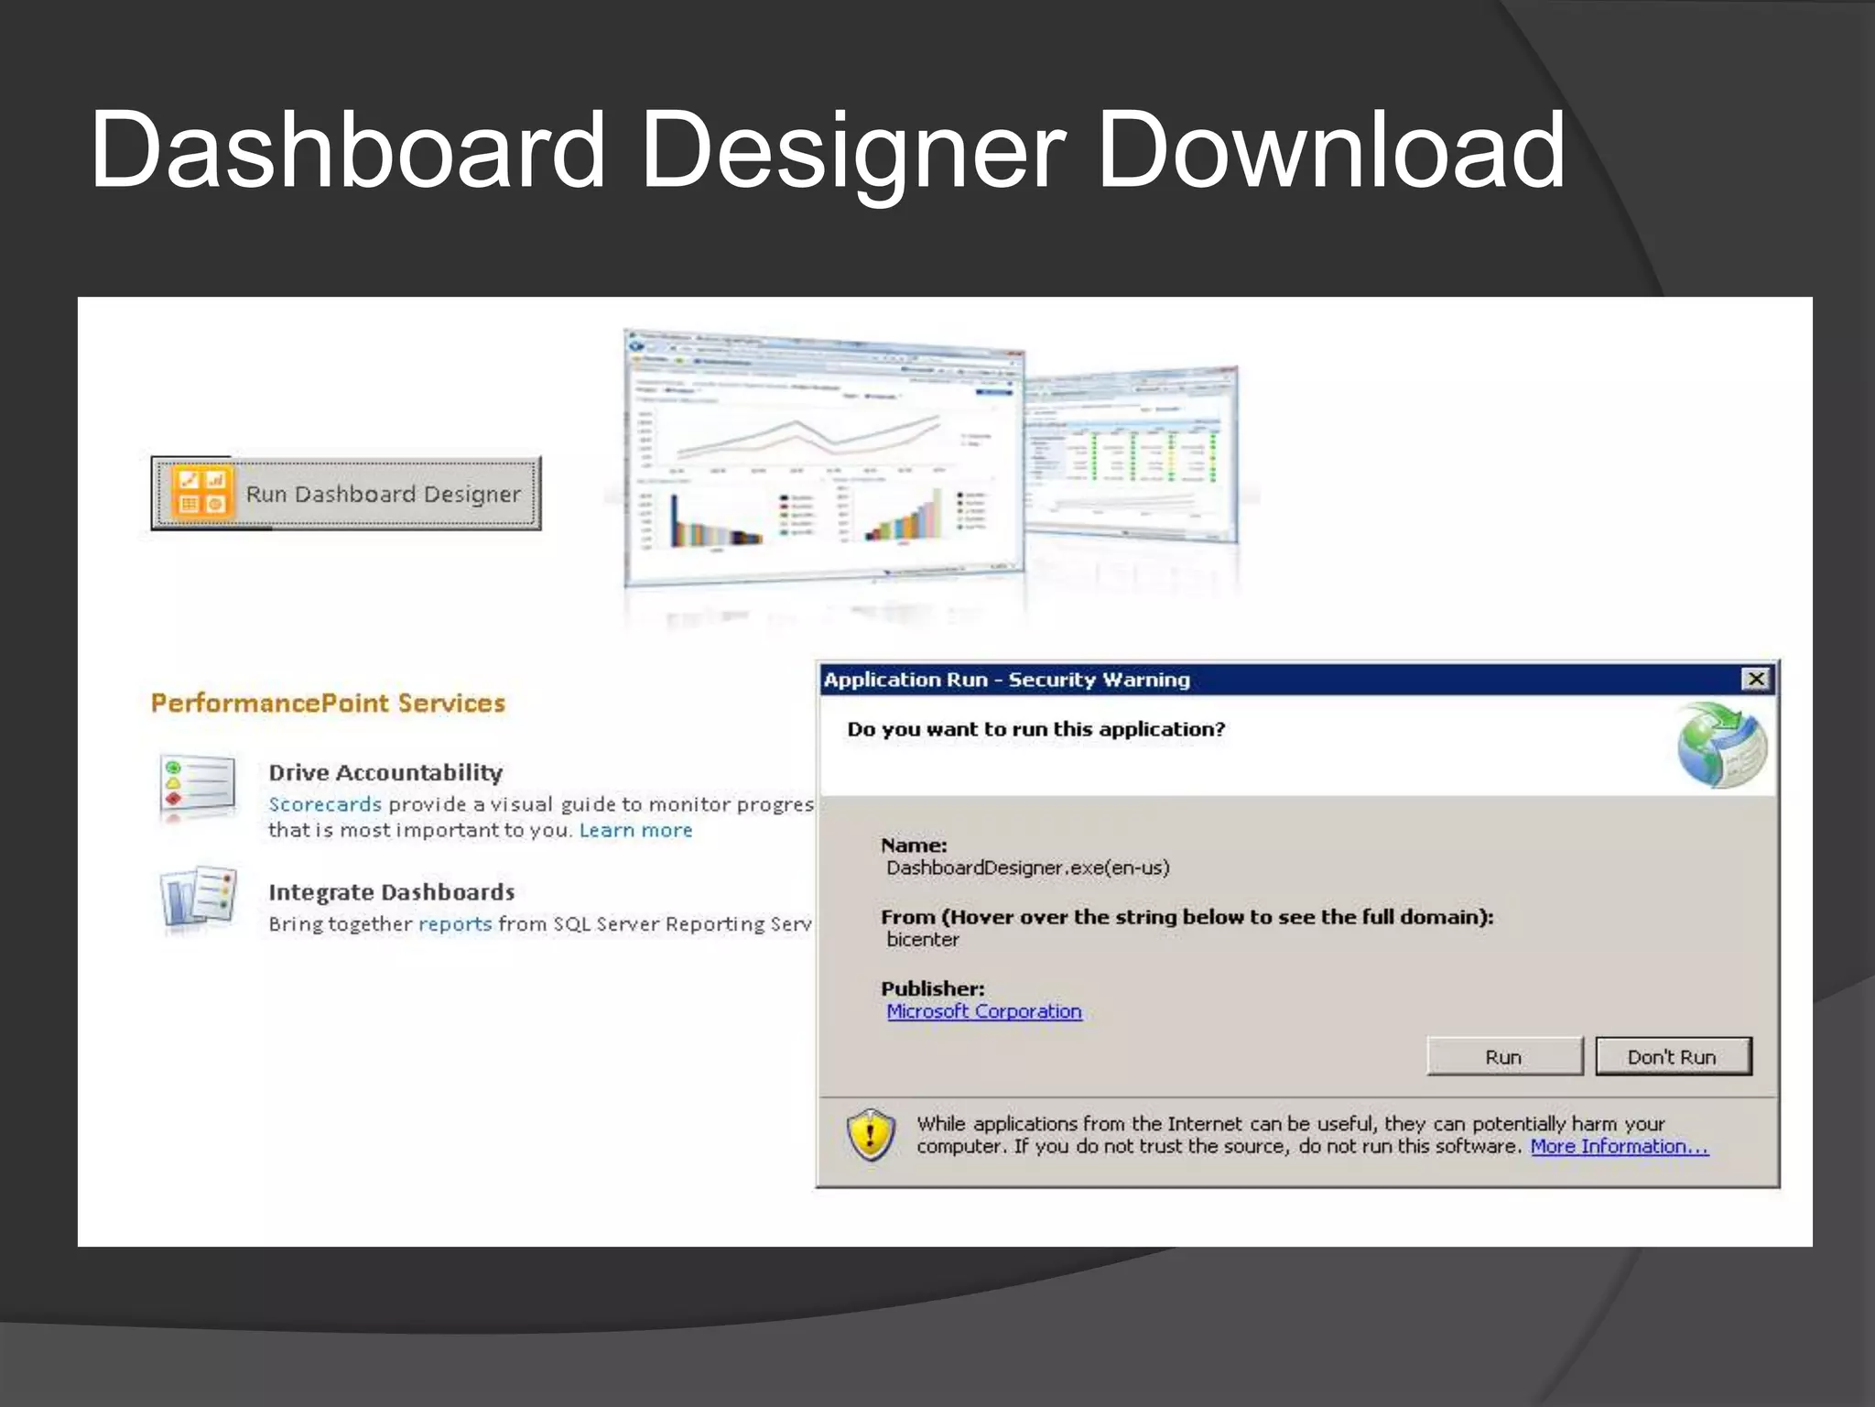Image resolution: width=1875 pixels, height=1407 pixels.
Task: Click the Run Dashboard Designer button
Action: click(x=346, y=494)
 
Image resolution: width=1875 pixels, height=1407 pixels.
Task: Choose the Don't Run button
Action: click(x=1673, y=1056)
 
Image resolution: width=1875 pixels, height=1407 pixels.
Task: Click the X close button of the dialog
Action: click(x=1756, y=679)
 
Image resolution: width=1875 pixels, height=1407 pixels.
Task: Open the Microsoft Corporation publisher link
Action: click(x=984, y=1011)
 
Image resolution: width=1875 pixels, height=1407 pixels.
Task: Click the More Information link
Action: click(x=1619, y=1146)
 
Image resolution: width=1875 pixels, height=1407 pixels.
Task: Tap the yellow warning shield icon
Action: click(x=871, y=1134)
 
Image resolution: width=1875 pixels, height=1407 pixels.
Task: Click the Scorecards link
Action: click(x=325, y=804)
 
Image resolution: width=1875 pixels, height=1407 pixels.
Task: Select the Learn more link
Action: click(x=635, y=830)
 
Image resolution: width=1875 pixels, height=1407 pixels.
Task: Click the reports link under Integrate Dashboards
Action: click(x=455, y=923)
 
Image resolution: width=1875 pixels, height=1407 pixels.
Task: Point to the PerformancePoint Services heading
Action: click(x=328, y=703)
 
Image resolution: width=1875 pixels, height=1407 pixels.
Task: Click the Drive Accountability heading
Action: click(x=385, y=772)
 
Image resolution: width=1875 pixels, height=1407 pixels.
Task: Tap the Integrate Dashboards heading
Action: click(x=392, y=892)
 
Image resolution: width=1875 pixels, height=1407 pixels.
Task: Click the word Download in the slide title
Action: click(x=1330, y=150)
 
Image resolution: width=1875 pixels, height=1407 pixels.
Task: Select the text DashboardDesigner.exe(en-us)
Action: click(x=1027, y=867)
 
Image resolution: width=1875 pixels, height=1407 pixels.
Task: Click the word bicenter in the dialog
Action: click(x=923, y=939)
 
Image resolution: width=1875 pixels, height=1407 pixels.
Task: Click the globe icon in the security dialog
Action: click(x=1721, y=745)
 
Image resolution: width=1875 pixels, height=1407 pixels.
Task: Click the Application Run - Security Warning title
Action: click(x=1006, y=680)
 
